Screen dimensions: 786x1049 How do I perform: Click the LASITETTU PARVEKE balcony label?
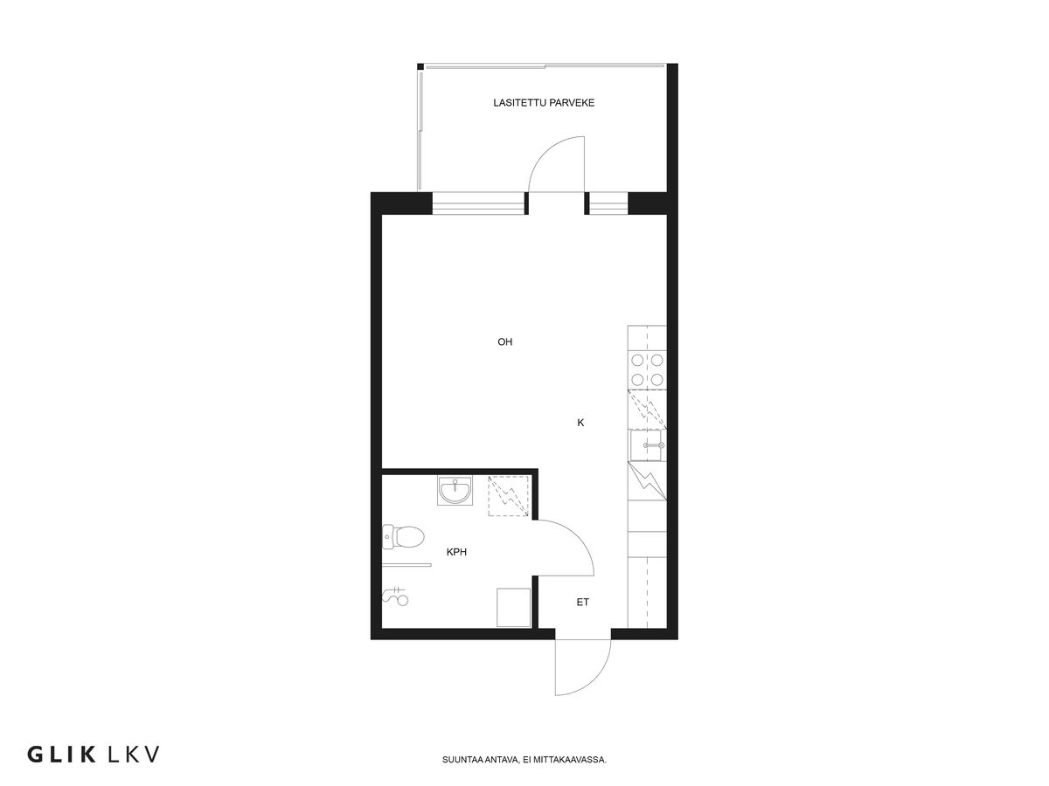544,103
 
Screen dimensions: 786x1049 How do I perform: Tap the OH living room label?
504,342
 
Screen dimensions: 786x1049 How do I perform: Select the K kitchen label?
580,423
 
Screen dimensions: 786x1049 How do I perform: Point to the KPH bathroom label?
456,552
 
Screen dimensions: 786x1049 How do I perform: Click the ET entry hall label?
582,603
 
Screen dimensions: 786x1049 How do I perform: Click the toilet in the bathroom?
403,536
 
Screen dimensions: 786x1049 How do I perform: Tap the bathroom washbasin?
455,491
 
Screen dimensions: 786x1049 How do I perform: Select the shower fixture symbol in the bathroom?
395,597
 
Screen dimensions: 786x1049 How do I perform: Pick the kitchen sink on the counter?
647,445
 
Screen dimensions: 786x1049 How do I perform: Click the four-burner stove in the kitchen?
647,369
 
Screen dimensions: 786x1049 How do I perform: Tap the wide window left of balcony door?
479,203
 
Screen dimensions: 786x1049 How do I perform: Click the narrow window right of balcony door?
607,203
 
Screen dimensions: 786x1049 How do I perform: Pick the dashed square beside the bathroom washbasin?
509,494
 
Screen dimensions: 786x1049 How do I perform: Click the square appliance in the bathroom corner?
514,607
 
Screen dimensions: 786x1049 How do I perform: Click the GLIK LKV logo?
94,754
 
